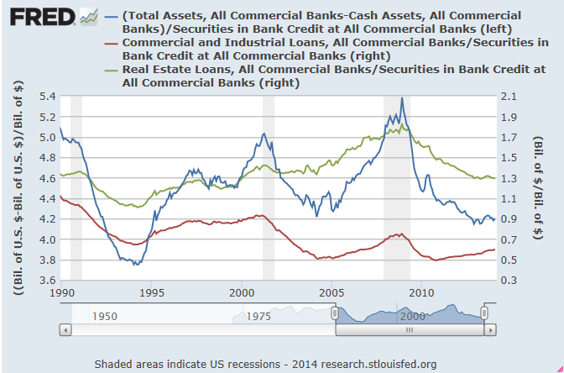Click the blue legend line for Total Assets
pyautogui.click(x=109, y=16)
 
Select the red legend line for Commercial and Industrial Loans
pyautogui.click(x=109, y=41)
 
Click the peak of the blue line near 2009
pyautogui.click(x=402, y=98)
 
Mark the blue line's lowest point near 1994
pyautogui.click(x=134, y=265)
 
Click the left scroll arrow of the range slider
pyautogui.click(x=65, y=329)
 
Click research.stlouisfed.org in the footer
pyautogui.click(x=383, y=364)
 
